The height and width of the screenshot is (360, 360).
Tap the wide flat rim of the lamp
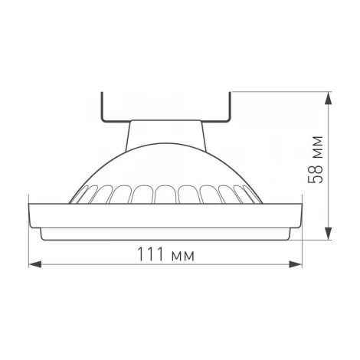[165, 215]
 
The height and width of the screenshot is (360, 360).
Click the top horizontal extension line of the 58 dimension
[283, 93]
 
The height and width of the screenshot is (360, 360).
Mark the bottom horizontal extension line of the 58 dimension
[314, 239]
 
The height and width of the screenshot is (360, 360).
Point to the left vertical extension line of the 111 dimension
[28, 245]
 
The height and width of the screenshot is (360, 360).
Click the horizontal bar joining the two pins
[165, 119]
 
